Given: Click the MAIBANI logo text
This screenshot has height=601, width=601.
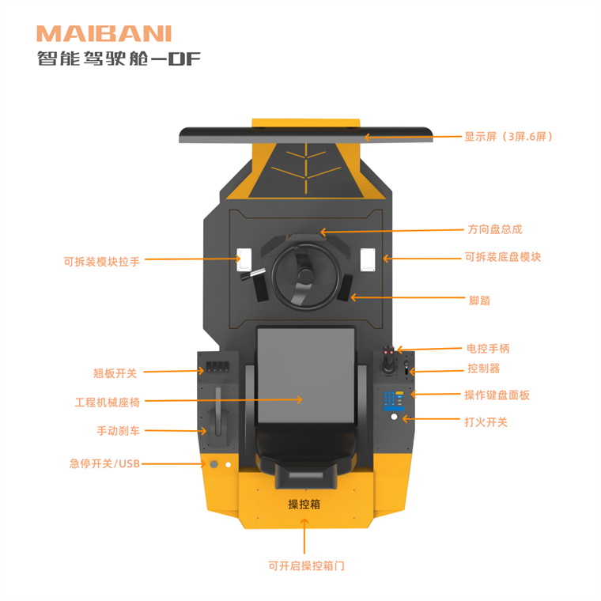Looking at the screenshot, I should (x=104, y=33).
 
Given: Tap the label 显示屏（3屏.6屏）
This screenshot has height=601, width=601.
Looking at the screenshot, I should (x=508, y=136).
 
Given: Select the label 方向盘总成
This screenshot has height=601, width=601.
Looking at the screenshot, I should (x=495, y=229).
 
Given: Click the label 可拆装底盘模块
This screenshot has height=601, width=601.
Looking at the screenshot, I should (x=503, y=257).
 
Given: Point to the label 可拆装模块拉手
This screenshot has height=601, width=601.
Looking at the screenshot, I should (x=102, y=261).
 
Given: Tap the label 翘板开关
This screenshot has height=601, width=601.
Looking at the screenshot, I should (x=115, y=372).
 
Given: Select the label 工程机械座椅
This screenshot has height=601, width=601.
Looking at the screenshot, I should (x=108, y=402).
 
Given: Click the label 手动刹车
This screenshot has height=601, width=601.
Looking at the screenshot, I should (x=119, y=431).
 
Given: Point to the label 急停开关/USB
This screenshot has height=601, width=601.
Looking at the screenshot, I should (x=104, y=463).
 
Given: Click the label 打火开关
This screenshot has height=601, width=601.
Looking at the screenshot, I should (x=486, y=422).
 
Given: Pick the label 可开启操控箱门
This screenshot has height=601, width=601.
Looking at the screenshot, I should (x=306, y=565).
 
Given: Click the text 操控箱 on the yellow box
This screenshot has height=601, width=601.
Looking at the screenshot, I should (x=304, y=504).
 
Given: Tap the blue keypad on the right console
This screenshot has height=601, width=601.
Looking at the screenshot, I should (x=392, y=399).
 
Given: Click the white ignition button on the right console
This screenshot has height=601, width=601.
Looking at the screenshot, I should (x=394, y=417).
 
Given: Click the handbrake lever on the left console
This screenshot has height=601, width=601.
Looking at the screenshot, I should (x=217, y=415).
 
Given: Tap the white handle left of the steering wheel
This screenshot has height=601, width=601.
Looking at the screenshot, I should (x=244, y=258).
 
